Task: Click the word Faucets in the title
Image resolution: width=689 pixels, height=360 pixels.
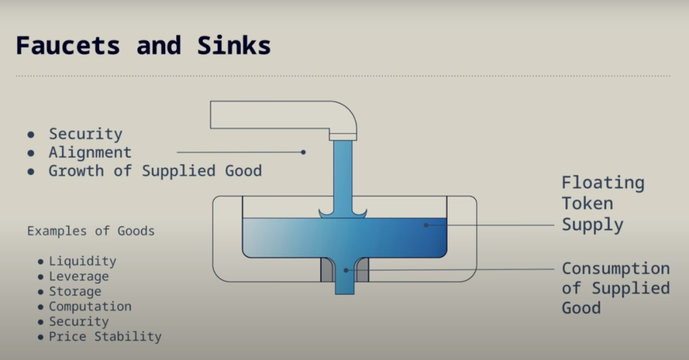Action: coord(68,45)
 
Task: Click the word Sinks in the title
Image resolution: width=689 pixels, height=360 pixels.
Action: coord(233,45)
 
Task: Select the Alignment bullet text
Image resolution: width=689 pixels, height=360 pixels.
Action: coord(90,153)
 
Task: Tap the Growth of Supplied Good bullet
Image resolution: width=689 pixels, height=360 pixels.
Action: coord(155,170)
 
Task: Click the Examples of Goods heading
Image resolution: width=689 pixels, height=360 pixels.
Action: coord(91,231)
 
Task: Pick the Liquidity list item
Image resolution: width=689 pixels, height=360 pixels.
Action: coord(82,261)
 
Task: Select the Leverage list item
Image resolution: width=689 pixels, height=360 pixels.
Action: coord(78,276)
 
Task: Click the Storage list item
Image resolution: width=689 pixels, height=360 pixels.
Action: coord(75,291)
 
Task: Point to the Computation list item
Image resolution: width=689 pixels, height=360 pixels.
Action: coord(90,306)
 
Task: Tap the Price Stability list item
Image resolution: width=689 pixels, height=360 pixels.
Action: coord(105,336)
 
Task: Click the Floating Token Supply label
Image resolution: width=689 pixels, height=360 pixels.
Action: coord(603,204)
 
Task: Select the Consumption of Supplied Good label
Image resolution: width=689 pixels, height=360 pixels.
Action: coord(616,288)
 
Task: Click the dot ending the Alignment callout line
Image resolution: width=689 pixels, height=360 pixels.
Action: coord(303,152)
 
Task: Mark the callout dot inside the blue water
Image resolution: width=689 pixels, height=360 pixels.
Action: coord(426,225)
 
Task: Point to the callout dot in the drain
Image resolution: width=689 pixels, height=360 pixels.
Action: coord(346,271)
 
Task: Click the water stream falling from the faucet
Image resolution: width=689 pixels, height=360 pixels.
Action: coord(343,178)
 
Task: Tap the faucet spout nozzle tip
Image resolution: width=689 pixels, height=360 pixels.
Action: coord(343,137)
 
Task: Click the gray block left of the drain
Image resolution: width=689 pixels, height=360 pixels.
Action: coord(327,270)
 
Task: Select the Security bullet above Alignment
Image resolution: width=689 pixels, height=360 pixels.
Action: coord(85,133)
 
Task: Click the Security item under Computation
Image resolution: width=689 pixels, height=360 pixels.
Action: coord(78,321)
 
